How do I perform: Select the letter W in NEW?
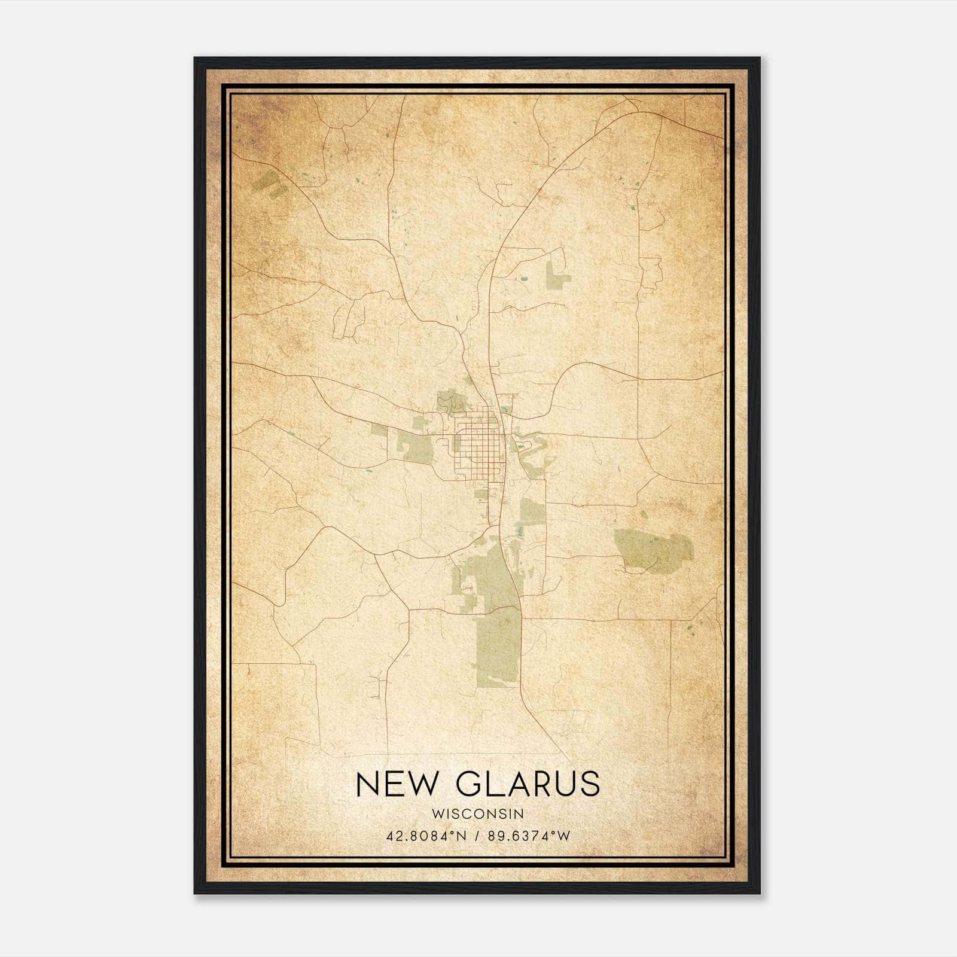(x=426, y=784)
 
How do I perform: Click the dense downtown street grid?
(x=477, y=446)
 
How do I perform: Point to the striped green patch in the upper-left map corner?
(x=269, y=184)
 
